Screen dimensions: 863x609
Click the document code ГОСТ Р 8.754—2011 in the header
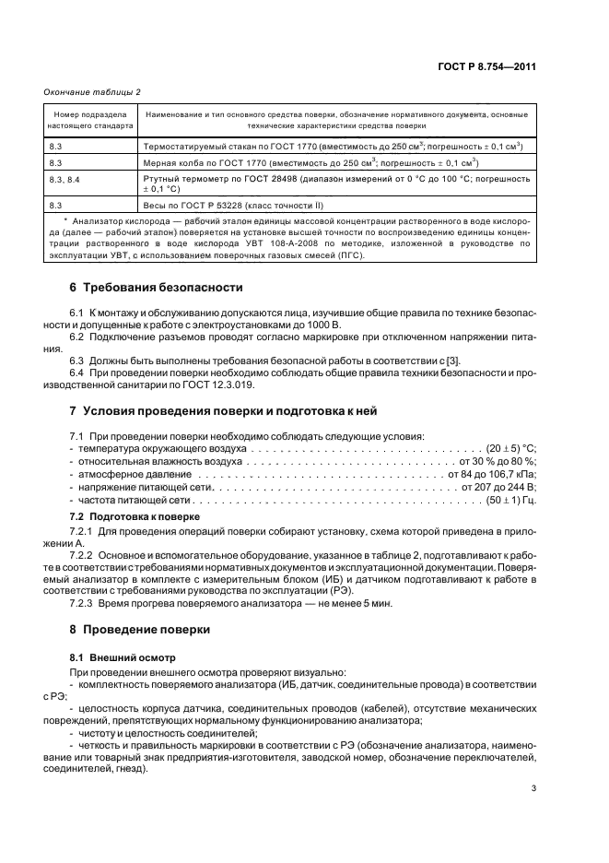(488, 66)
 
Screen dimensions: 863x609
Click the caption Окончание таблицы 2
(92, 91)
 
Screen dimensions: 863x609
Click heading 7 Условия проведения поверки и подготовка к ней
(221, 410)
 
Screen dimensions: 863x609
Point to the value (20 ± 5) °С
(511, 446)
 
